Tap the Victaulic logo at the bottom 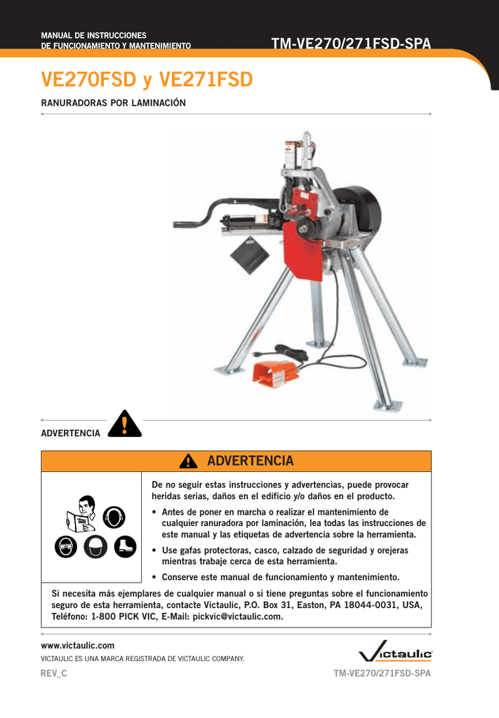coord(395,654)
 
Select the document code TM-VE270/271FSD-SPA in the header coord(351,43)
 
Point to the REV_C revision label coord(54,673)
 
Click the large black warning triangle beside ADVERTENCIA coord(124,424)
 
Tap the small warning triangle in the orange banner coord(187,461)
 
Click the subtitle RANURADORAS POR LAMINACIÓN coord(113,102)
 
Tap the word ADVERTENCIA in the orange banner coord(251,461)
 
